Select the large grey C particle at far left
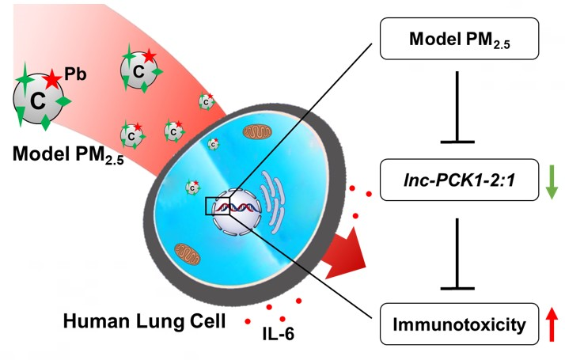click(x=36, y=100)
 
